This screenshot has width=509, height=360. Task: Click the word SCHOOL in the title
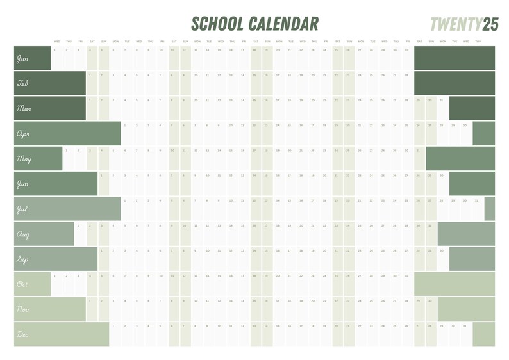pos(217,24)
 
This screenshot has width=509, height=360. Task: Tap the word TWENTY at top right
pos(456,24)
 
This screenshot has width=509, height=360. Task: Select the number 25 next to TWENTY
pos(490,24)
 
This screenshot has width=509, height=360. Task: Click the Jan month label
pos(22,59)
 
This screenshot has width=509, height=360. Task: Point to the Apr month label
pos(23,135)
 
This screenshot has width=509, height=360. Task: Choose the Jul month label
pos(22,209)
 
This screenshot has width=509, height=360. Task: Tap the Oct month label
pos(22,284)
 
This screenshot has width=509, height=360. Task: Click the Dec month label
pos(22,334)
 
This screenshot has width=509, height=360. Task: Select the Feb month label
pos(22,83)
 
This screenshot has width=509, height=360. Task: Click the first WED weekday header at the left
pos(57,41)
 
